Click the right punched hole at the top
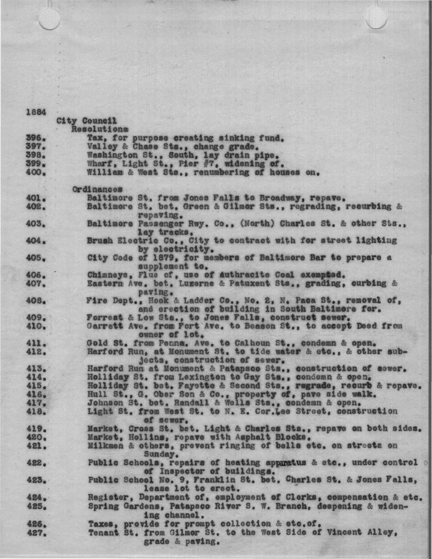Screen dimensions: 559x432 click(x=376, y=16)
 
